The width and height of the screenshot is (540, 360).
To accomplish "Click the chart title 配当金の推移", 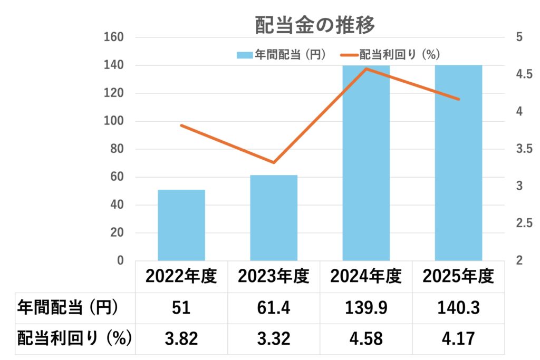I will point(315,24).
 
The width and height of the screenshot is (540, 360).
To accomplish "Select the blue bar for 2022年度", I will point(181,225).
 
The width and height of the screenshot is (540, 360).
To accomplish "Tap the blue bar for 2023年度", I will point(274,218).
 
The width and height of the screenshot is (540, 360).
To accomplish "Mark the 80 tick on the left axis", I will point(118,149).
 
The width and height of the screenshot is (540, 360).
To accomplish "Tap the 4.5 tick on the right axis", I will point(523,75).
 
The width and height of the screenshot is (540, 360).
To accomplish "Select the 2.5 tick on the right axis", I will point(523,223).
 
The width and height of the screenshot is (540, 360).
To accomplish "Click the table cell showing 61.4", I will point(274,308).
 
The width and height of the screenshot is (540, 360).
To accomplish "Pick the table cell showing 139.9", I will point(366,308).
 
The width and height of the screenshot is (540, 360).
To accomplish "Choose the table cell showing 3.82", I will point(181,338).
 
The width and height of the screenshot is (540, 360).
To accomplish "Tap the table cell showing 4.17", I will point(458,338).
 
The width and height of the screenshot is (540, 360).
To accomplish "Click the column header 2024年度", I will point(366,276).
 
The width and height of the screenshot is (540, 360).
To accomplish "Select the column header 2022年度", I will point(181,276).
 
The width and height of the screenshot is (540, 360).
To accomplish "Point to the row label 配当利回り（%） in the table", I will point(74,338).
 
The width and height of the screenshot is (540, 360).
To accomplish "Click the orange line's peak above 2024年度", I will point(366,69).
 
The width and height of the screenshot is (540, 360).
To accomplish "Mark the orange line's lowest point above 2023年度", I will point(274,162).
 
